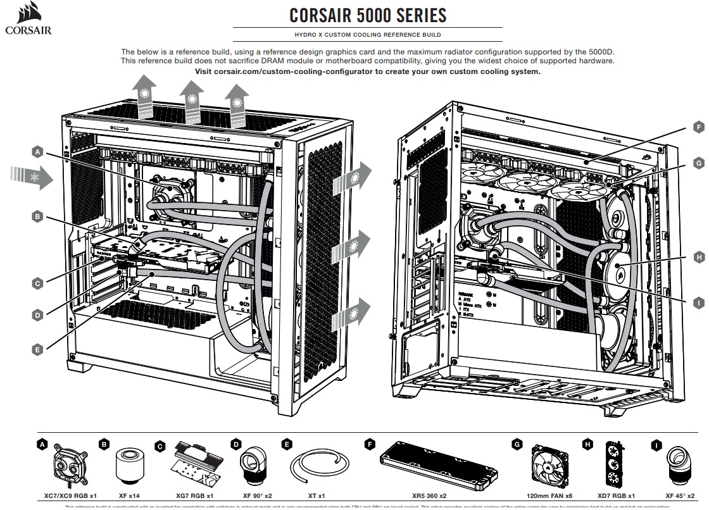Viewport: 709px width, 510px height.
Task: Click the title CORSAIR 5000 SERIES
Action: [x=368, y=15]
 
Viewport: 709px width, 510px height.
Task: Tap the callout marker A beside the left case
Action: [x=37, y=152]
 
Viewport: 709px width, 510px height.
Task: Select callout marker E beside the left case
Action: [x=37, y=349]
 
